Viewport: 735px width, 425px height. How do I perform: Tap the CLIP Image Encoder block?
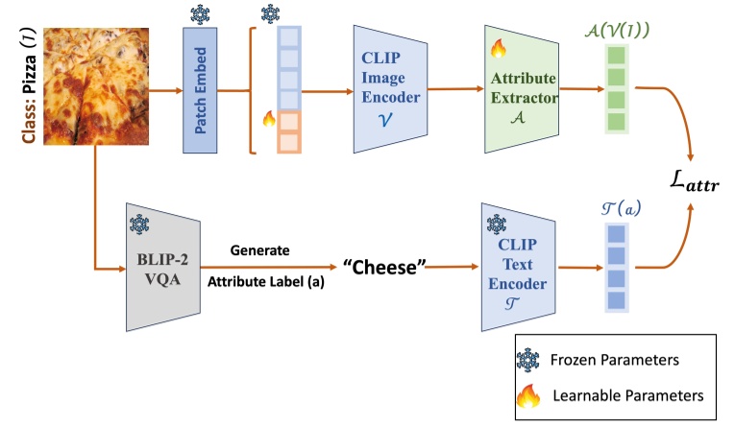click(388, 90)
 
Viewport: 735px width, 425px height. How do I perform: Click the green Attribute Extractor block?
click(523, 90)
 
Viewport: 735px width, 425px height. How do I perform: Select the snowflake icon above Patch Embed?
click(201, 14)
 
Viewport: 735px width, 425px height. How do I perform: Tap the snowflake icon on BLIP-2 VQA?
click(137, 222)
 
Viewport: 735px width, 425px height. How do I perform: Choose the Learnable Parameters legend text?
click(628, 395)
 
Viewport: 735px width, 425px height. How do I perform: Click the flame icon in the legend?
click(528, 396)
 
